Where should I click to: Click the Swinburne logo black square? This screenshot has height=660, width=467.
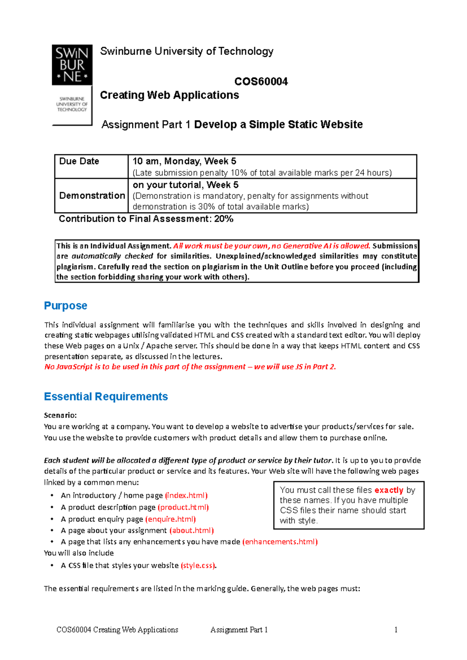pos(72,65)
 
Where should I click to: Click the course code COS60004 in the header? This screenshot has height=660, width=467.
pos(261,81)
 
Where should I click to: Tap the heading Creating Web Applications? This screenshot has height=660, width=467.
pos(169,95)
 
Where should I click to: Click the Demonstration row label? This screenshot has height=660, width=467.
pos(92,196)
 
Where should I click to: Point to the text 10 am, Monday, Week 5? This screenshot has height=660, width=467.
pos(184,161)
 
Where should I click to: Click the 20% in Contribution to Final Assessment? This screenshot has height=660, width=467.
pos(224,219)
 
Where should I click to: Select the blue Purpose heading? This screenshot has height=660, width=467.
pos(65,306)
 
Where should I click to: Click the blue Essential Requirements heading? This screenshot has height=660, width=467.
pos(106,397)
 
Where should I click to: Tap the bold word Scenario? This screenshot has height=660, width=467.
pos(60,415)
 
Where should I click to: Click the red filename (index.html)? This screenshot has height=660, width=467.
pos(186,495)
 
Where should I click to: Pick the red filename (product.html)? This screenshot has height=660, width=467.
pos(183,507)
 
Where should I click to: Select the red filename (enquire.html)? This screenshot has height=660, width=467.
pos(170,519)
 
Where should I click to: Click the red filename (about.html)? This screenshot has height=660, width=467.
pos(191,530)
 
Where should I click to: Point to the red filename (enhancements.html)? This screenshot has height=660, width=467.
pos(280,542)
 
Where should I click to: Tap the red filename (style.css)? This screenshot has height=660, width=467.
pos(198,565)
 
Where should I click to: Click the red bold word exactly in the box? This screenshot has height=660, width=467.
pos(388,490)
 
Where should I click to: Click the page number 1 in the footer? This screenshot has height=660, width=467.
pos(396,630)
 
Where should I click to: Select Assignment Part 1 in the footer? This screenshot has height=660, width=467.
pos(239,630)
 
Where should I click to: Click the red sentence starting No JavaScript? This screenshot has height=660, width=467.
pos(190,367)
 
